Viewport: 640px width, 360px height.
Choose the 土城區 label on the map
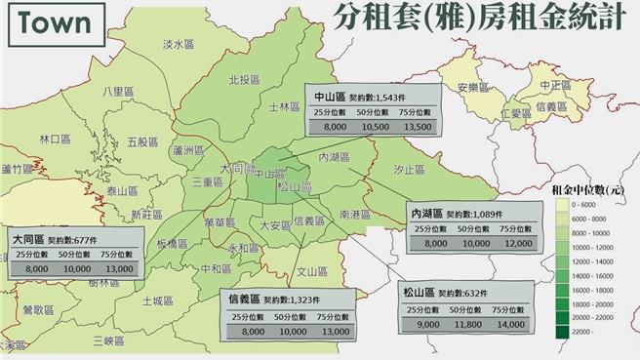click(x=155, y=300)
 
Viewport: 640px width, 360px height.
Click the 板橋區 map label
click(x=174, y=244)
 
